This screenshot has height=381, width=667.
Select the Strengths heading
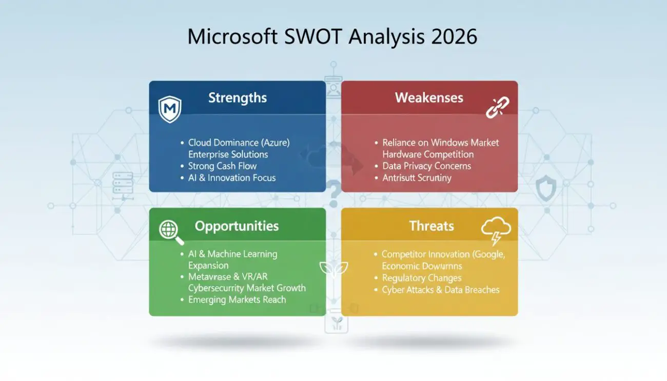tap(237, 98)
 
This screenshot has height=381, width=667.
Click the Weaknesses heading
tap(429, 98)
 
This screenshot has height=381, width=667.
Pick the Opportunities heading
tap(237, 226)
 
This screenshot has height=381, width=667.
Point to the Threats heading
tap(431, 226)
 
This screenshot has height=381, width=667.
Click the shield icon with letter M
tap(169, 109)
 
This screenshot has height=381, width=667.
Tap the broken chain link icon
tap(497, 107)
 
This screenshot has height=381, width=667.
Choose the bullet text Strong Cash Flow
tap(222, 166)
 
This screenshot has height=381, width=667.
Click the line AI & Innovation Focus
tap(232, 178)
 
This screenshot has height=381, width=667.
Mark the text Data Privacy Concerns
tap(426, 166)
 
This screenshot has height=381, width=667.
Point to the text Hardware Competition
tap(428, 154)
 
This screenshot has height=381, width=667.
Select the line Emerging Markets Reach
tap(237, 299)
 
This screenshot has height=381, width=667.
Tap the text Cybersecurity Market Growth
tap(247, 288)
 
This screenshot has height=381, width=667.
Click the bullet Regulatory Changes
tap(421, 278)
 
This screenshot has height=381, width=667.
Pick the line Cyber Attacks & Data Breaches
tap(440, 290)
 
